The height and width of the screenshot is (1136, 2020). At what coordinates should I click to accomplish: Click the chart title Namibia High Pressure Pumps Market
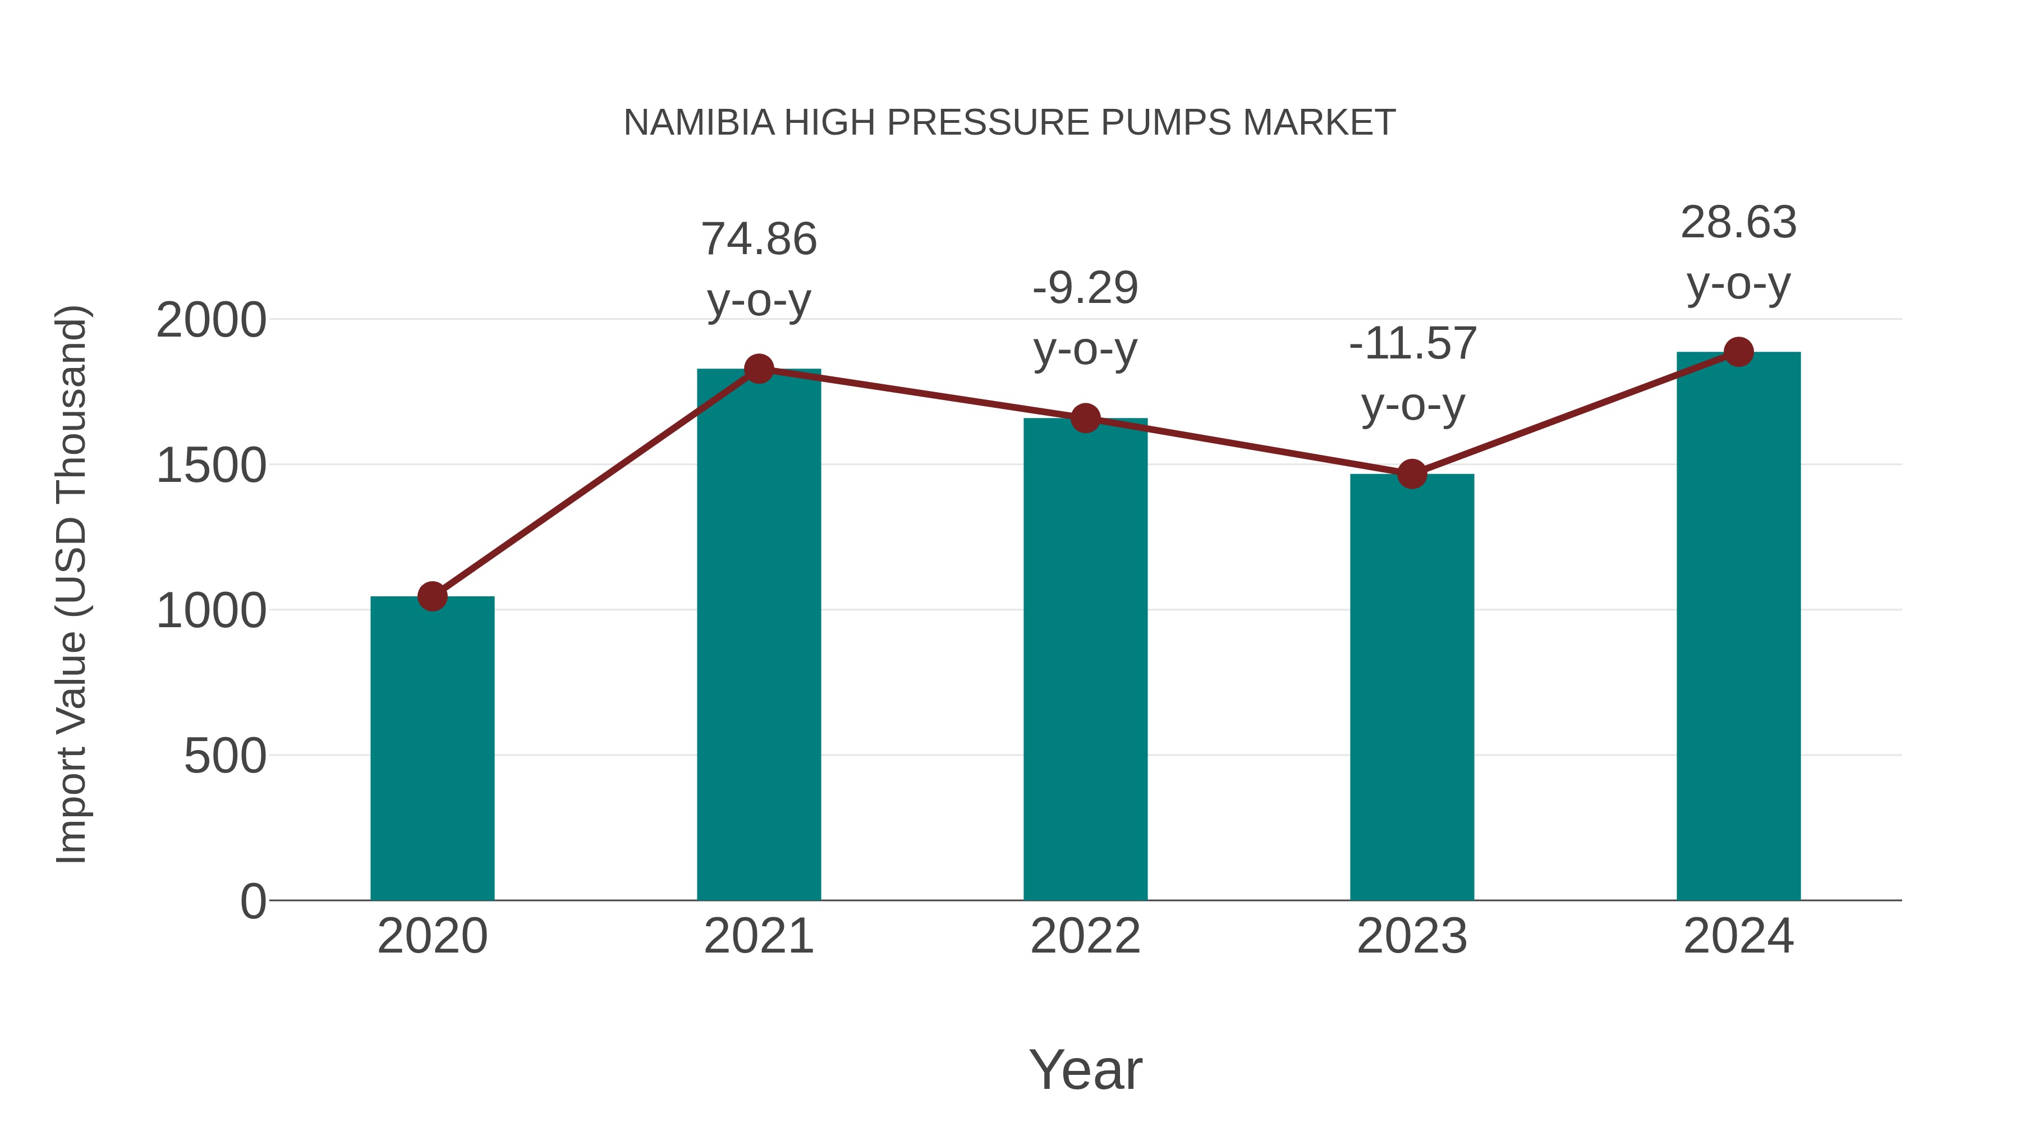coord(1009,123)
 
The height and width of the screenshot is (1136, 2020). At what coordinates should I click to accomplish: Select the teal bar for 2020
coord(432,749)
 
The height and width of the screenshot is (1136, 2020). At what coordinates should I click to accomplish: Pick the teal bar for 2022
coord(1085,659)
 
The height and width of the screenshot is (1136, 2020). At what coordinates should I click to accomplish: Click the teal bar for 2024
coord(1738,627)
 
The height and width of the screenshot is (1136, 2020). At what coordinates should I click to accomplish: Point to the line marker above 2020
coord(432,597)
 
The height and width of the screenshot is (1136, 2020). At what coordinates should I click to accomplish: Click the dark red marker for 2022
coord(1085,418)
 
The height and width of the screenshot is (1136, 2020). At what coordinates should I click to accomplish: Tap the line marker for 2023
coord(1412,474)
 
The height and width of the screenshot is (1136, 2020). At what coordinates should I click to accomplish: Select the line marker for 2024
coord(1738,352)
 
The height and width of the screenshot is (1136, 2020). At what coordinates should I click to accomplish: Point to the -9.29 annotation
coord(1085,288)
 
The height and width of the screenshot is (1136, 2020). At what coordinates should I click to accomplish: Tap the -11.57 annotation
coord(1412,344)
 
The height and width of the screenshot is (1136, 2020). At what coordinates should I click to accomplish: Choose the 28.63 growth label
coord(1738,223)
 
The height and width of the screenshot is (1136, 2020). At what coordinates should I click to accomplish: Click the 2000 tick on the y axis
coord(211,321)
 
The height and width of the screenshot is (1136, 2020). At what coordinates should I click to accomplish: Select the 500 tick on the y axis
coord(225,757)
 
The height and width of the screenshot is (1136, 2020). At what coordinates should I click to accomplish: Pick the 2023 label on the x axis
coord(1412,936)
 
